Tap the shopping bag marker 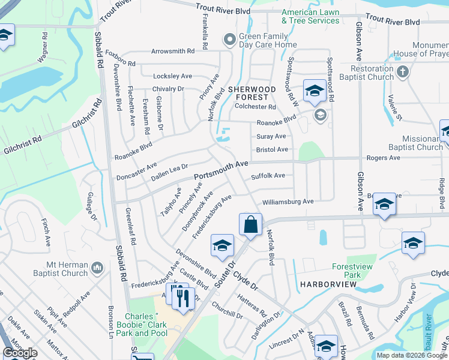tap(251, 224)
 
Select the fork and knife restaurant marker tap(184, 297)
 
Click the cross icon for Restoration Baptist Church tap(403, 72)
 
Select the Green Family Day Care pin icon tap(228, 40)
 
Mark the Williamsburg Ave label tap(288, 202)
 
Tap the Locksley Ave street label tap(172, 76)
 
